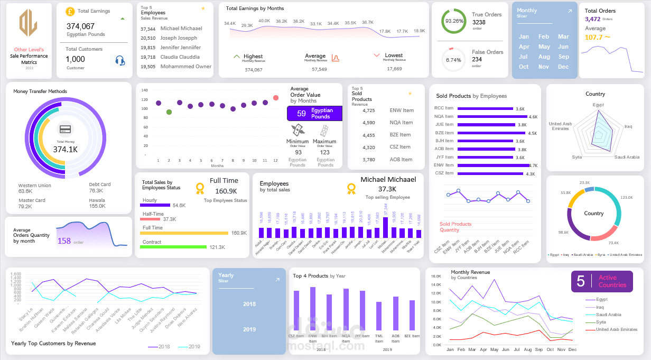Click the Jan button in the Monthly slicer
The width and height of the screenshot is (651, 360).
(x=524, y=36)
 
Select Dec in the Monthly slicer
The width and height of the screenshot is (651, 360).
(x=563, y=67)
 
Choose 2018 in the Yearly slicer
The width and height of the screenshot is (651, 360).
(x=249, y=304)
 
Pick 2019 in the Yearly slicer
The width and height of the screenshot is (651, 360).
(x=249, y=329)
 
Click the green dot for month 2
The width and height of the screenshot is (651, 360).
(x=169, y=112)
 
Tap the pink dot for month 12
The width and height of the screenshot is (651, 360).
(x=276, y=98)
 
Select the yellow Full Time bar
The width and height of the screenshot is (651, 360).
(x=185, y=233)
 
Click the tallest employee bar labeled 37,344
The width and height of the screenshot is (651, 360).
(x=385, y=227)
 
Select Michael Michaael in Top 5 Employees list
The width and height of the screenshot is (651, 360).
(x=181, y=29)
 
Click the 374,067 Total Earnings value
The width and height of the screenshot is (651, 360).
(x=81, y=26)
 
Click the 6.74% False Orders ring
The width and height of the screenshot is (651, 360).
(x=454, y=60)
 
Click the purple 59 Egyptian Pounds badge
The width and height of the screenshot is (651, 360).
(x=314, y=114)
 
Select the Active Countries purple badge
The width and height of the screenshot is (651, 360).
(x=601, y=281)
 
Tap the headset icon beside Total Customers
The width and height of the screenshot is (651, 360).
(x=120, y=60)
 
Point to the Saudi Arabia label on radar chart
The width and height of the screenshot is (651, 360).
(x=627, y=157)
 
